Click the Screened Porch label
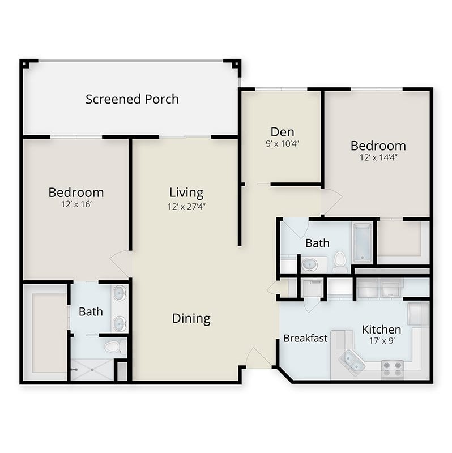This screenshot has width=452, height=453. pyautogui.click(x=132, y=99)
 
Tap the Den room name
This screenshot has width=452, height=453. pyautogui.click(x=282, y=132)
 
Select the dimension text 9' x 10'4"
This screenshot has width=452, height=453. pyautogui.click(x=282, y=144)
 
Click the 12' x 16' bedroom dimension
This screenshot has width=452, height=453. pyautogui.click(x=76, y=204)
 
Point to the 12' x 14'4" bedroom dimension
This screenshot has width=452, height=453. pyautogui.click(x=378, y=157)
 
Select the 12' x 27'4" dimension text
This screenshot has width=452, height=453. pyautogui.click(x=186, y=207)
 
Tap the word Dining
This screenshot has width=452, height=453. pyautogui.click(x=191, y=319)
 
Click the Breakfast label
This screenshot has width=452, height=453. pyautogui.click(x=305, y=338)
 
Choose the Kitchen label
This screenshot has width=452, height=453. pyautogui.click(x=382, y=330)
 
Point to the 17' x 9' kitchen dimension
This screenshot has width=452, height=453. pyautogui.click(x=382, y=341)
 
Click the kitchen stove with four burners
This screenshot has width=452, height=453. pyautogui.click(x=393, y=370)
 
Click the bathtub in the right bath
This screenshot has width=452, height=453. pyautogui.click(x=363, y=243)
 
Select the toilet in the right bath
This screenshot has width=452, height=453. pyautogui.click(x=340, y=262)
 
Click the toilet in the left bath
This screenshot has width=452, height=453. pyautogui.click(x=115, y=347)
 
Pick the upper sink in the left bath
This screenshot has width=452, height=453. pyautogui.click(x=120, y=293)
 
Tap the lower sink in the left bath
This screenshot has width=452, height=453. pyautogui.click(x=120, y=324)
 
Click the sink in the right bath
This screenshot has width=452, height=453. pyautogui.click(x=309, y=264)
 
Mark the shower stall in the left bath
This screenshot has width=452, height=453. pyautogui.click(x=92, y=370)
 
